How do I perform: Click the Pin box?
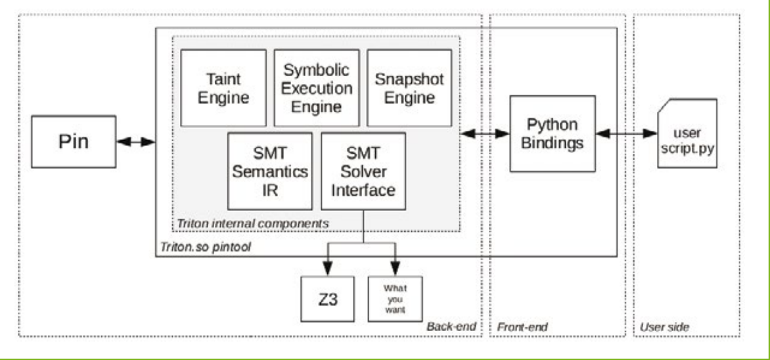70,141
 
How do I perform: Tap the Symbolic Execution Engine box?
313,87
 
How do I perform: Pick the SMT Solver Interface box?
363,169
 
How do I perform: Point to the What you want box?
395,299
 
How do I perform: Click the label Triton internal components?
252,223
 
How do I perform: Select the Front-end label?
522,326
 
